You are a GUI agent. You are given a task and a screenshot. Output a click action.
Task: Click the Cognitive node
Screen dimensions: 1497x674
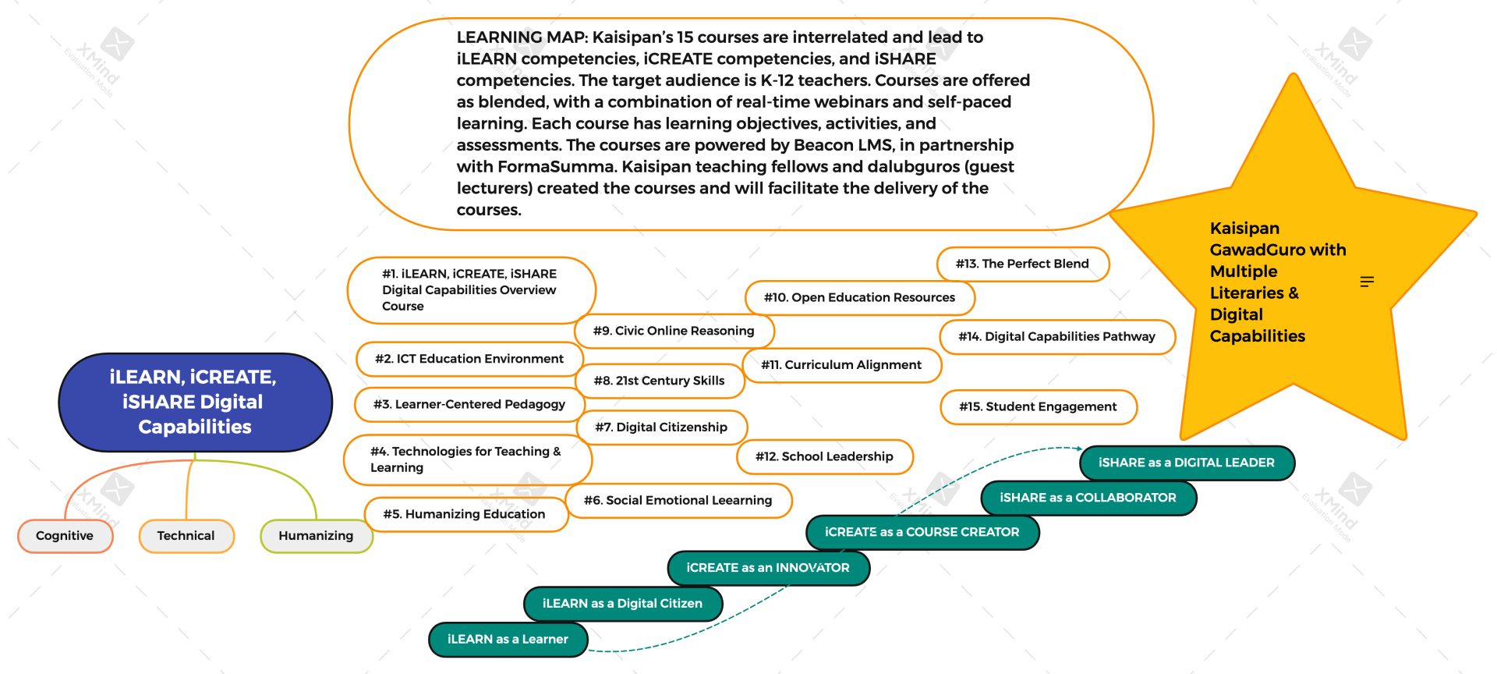[x=65, y=536]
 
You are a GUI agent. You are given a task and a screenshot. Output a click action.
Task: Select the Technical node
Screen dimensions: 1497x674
[x=186, y=536]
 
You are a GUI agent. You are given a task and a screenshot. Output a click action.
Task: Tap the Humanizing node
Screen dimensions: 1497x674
[x=316, y=536]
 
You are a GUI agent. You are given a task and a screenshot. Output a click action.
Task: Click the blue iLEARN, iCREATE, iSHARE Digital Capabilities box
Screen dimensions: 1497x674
[x=195, y=402]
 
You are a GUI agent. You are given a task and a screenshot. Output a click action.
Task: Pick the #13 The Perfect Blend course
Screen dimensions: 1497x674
[x=1023, y=264]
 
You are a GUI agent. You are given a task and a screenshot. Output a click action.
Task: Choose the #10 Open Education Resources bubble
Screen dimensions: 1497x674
[x=860, y=297]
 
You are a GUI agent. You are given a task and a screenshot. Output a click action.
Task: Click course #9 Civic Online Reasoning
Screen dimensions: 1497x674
[x=674, y=331]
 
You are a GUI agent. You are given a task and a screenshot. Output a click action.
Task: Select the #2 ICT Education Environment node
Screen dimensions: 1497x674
[x=469, y=359]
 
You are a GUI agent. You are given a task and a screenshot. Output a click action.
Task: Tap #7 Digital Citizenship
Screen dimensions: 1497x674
[x=661, y=427]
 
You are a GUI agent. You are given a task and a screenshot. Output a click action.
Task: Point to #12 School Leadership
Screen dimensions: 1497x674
[x=825, y=456]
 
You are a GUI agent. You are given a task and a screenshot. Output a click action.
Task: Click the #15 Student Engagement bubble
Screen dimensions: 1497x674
[x=1039, y=407]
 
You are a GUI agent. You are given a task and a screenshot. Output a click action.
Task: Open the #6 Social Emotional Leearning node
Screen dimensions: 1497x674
[x=678, y=500]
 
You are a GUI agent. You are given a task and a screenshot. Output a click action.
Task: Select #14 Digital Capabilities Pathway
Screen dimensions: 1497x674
[x=1057, y=337]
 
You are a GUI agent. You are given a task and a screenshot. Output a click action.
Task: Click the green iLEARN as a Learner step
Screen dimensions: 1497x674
[x=508, y=640]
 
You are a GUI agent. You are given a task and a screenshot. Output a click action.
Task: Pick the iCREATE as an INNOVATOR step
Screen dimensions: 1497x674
[x=769, y=568]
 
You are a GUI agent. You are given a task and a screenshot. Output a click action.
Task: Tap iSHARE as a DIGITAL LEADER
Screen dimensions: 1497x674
[x=1187, y=463]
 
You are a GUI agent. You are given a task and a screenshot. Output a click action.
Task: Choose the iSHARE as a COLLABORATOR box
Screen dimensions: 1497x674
[x=1088, y=498]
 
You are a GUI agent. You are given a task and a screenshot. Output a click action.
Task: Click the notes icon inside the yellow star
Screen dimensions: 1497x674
[x=1367, y=282]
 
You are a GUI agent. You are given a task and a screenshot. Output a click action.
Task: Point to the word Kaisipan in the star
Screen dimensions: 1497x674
[x=1245, y=229]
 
